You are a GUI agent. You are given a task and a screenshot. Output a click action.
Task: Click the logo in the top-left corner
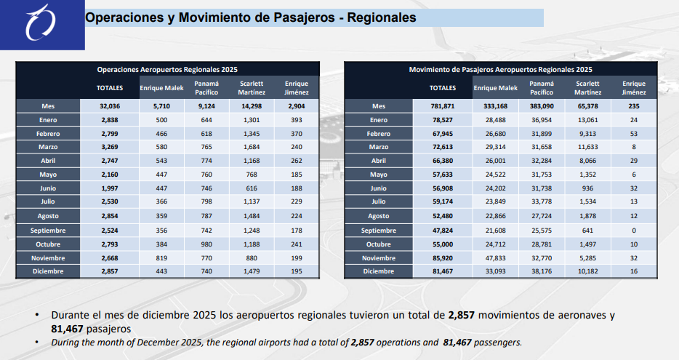pos(37,24)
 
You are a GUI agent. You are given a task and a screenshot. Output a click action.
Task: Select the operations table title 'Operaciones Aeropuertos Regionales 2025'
pos(168,69)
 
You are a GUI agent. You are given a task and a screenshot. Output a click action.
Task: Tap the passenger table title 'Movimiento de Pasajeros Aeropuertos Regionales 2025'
pos(500,69)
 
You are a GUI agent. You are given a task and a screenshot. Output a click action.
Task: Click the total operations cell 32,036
pos(110,106)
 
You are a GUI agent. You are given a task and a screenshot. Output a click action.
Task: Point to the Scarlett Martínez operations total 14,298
pos(252,106)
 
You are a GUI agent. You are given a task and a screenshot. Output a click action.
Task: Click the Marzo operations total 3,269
pos(110,147)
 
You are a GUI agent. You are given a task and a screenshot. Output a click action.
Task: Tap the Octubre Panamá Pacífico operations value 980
pos(206,244)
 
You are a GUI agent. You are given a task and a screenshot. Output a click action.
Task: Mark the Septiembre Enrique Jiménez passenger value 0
pos(634,230)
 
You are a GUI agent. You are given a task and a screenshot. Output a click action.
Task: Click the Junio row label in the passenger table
pos(378,188)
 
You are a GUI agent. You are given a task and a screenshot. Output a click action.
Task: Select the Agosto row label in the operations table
pos(48,216)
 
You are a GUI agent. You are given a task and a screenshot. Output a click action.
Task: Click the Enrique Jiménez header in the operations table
pos(297,88)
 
